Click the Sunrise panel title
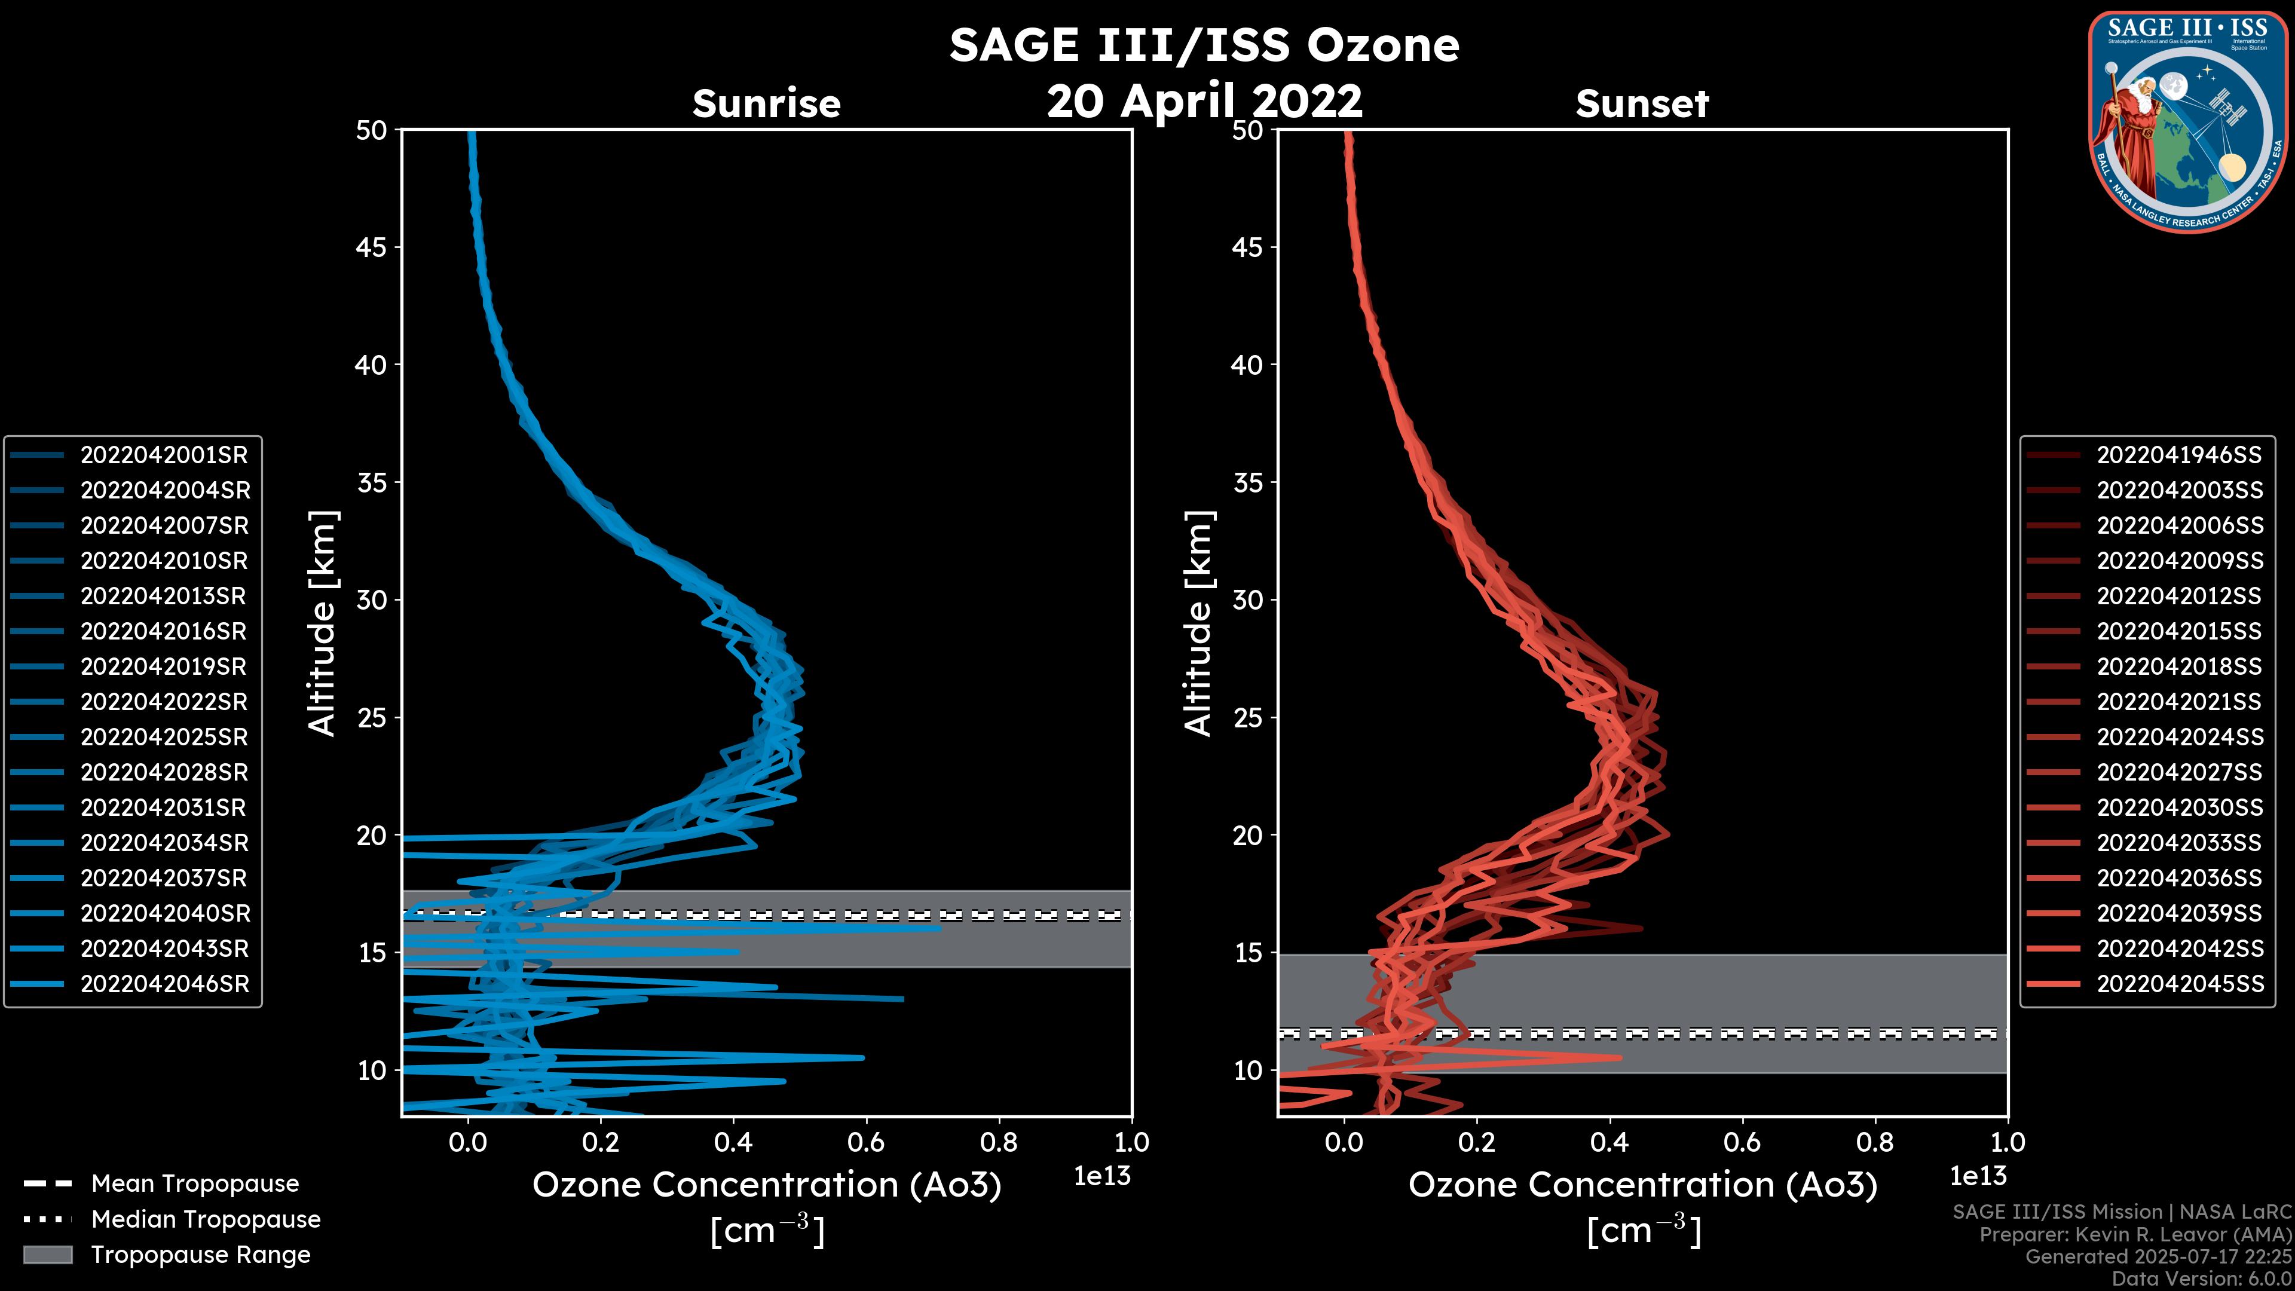coord(766,104)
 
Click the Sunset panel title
coord(1642,104)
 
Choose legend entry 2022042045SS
coord(2178,984)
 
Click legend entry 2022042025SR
coord(164,738)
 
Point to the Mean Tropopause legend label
coord(195,1184)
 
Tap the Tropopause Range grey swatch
coord(48,1255)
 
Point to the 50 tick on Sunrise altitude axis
coord(372,130)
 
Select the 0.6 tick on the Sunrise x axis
coord(866,1142)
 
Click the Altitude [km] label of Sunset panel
coord(1198,623)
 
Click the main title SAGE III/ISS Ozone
coord(1204,45)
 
